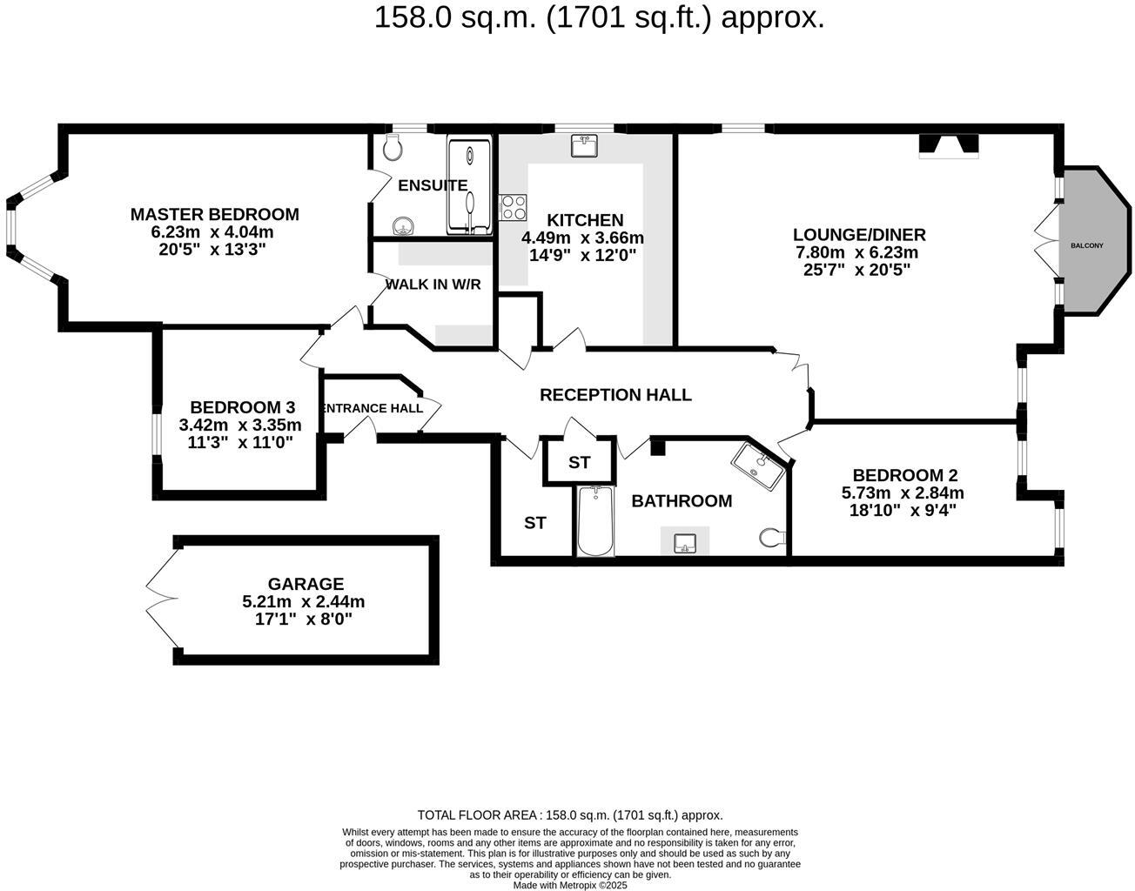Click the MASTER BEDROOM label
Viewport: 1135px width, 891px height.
point(214,214)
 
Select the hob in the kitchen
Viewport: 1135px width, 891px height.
point(513,207)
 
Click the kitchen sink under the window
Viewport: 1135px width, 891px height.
point(584,145)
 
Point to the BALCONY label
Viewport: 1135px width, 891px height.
point(1086,245)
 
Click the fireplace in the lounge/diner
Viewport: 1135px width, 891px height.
point(949,147)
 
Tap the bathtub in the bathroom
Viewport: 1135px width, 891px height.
point(596,521)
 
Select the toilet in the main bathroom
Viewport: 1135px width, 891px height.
point(771,539)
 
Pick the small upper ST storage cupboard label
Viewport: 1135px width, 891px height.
point(579,463)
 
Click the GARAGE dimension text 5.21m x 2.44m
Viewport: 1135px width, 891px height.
point(303,602)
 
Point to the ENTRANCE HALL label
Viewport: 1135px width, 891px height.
point(372,408)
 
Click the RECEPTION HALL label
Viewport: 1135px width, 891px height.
point(615,395)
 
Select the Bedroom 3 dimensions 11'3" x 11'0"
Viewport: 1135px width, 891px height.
point(240,442)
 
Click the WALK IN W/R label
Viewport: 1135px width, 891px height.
point(433,285)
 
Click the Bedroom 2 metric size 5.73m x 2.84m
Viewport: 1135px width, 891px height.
point(902,492)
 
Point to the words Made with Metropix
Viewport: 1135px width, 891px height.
point(569,885)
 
